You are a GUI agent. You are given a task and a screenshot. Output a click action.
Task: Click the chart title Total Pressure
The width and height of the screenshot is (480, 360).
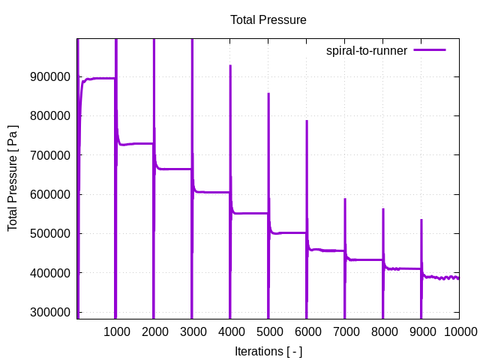(268, 20)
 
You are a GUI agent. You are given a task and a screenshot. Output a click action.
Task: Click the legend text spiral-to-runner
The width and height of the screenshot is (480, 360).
(366, 51)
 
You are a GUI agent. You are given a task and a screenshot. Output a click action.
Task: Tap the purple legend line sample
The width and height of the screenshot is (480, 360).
(430, 50)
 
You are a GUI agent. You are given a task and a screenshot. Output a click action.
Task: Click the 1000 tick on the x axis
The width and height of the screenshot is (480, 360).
(115, 331)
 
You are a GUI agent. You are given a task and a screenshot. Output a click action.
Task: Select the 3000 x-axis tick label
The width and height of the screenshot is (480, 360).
(192, 331)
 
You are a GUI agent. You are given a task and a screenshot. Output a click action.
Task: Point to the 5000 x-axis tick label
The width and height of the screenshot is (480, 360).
(268, 331)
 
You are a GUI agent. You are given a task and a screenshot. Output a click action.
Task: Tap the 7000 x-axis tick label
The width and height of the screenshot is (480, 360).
(345, 331)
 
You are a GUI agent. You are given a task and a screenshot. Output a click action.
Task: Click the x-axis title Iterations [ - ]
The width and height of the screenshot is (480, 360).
(268, 351)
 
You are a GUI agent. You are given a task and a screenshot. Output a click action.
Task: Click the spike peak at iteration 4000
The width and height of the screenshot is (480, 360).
(230, 66)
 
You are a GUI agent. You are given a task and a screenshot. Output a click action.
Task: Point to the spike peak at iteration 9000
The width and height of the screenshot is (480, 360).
(421, 220)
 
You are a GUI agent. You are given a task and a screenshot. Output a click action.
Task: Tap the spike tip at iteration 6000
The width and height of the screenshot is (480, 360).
(307, 121)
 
